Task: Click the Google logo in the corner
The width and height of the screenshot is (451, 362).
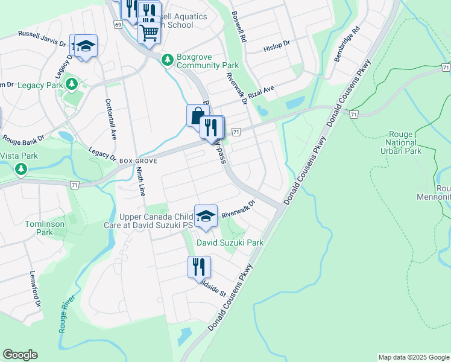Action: click(20, 355)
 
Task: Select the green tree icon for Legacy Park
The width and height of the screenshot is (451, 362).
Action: click(72, 83)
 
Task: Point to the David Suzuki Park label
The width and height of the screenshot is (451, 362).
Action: click(231, 243)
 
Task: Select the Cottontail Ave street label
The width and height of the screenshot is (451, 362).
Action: click(110, 119)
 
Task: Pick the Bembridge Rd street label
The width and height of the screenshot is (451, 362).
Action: click(346, 43)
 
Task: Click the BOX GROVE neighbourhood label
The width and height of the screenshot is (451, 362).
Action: click(139, 162)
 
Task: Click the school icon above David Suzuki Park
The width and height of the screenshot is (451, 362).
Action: click(205, 217)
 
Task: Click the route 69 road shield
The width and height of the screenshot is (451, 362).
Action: click(118, 24)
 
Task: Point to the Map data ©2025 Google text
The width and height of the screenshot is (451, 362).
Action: click(413, 357)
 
